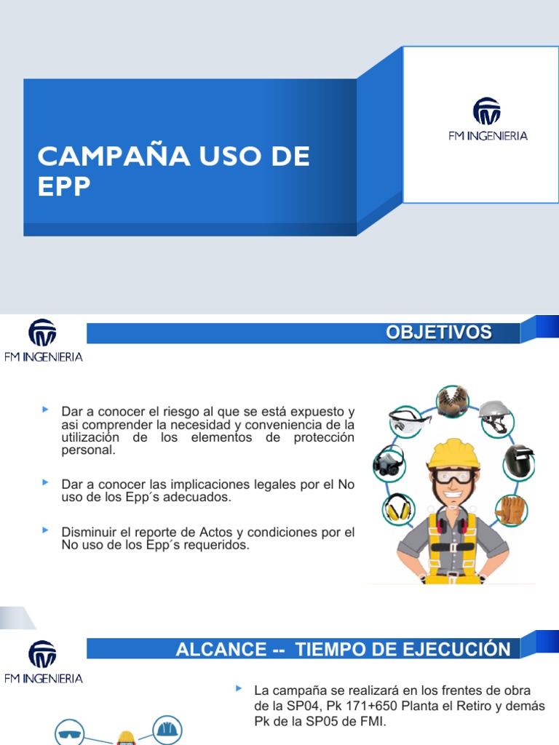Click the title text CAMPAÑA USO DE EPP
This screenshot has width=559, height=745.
(173, 170)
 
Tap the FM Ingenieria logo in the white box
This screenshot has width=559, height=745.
(487, 119)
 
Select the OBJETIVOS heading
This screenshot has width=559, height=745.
(438, 333)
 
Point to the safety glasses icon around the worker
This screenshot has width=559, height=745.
(410, 420)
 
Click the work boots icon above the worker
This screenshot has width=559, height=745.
(451, 400)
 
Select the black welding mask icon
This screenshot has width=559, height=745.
(519, 460)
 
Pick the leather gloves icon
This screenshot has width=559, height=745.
(510, 509)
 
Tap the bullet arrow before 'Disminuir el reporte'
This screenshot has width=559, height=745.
(47, 530)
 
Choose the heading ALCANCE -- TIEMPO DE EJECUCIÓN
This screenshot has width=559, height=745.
(343, 649)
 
